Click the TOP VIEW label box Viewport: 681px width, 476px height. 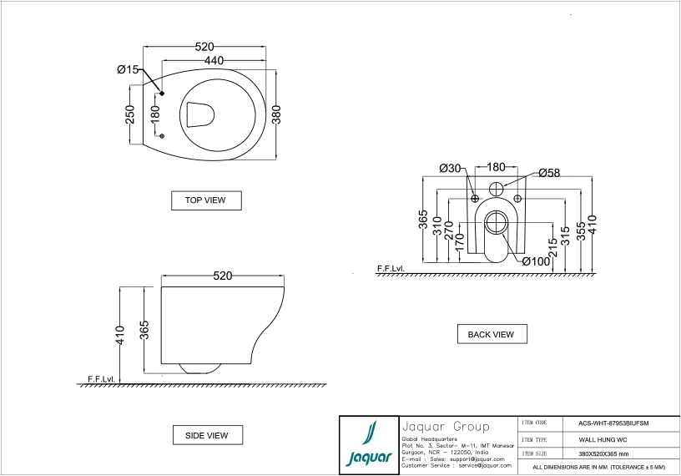coord(205,200)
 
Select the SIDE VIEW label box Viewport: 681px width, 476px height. coord(206,435)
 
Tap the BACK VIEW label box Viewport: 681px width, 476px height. coord(492,334)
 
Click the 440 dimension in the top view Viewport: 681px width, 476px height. coord(214,61)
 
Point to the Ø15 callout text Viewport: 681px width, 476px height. coord(128,69)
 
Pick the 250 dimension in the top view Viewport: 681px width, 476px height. coord(130,114)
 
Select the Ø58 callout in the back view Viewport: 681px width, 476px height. coord(549,173)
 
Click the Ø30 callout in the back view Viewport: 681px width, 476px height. coord(451,169)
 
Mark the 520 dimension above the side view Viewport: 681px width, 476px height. coord(223,276)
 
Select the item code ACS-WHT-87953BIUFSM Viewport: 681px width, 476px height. coord(613,423)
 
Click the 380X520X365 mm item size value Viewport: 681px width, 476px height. coord(603,453)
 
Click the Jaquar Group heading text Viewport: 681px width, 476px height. coord(446,426)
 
